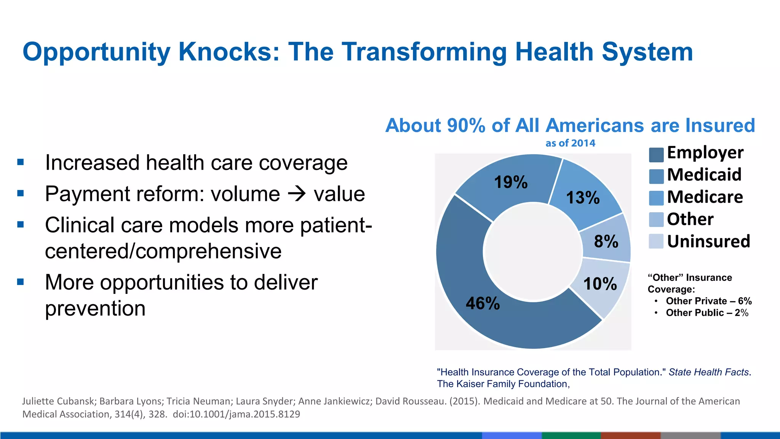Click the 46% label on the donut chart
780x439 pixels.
coord(483,303)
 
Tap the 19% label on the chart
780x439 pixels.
coord(511,182)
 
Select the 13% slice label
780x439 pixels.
coord(583,197)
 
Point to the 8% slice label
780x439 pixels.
coord(606,241)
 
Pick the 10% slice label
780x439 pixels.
coord(600,284)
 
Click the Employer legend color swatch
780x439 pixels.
coord(656,154)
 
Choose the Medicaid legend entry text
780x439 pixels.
coord(704,175)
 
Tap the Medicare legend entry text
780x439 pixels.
coord(705,197)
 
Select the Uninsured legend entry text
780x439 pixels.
coord(708,241)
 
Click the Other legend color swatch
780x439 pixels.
coord(656,220)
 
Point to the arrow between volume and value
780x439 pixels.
coord(297,194)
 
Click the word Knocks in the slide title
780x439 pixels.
coord(229,51)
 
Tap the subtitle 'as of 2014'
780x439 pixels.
coord(570,143)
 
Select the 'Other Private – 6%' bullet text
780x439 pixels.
coord(708,301)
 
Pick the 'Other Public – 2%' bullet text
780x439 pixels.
coord(707,313)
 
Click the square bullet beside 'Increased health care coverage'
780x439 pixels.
coord(21,162)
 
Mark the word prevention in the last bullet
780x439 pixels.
coord(95,308)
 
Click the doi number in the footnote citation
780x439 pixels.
coord(236,414)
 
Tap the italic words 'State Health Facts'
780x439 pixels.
coord(708,372)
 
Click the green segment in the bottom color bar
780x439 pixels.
coord(571,435)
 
